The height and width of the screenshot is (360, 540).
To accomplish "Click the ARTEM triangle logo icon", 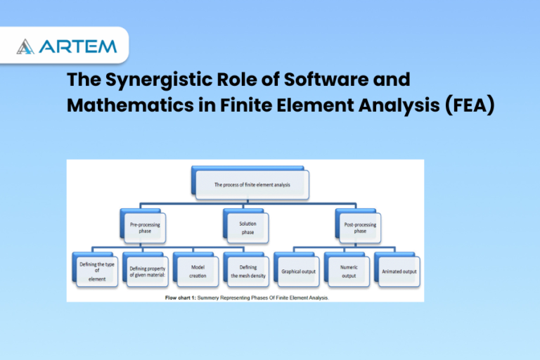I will point(25,46).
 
